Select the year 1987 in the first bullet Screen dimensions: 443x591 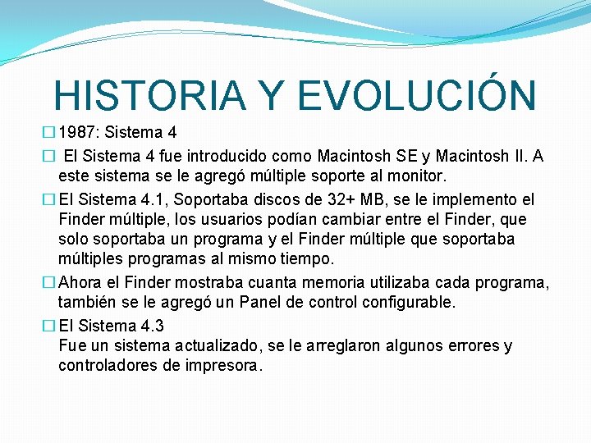click(x=78, y=132)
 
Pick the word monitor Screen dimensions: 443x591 click(x=418, y=176)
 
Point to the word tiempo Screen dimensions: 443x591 click(x=304, y=259)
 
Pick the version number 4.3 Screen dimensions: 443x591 click(x=150, y=326)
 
